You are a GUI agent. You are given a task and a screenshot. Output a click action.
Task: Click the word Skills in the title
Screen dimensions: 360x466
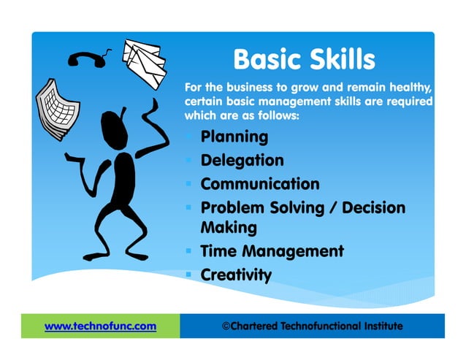coord(340,58)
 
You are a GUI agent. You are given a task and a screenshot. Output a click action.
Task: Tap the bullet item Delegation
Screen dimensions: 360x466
coord(242,160)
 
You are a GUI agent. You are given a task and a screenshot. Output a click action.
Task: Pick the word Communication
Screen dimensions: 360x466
coord(260,183)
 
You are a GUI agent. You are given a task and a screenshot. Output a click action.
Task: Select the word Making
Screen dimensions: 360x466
coord(229,228)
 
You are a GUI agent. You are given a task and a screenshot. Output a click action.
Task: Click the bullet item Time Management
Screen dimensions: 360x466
coord(272,251)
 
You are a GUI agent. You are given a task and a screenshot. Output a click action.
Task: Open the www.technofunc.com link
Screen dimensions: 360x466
coord(101,326)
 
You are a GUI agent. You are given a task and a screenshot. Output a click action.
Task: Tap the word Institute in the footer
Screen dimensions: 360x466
coord(376,326)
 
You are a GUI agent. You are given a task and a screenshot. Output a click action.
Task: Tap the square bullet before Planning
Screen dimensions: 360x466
coord(189,137)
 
